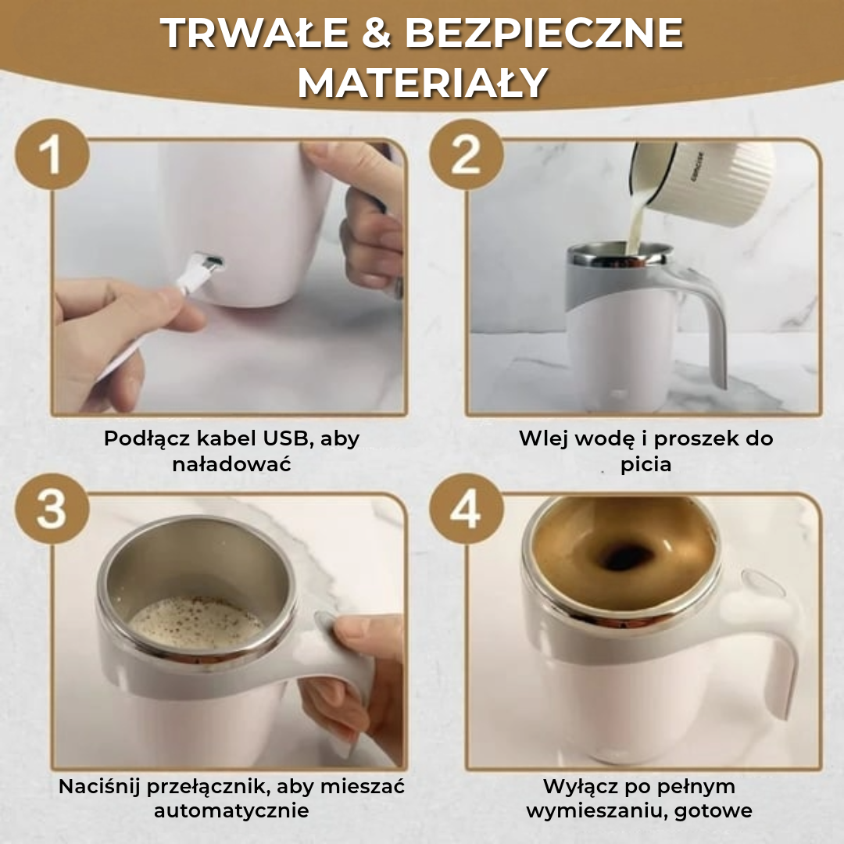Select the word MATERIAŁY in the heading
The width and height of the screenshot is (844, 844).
coord(421,83)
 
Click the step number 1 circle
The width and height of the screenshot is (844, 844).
coord(51,155)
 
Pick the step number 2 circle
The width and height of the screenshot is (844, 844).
coord(466,155)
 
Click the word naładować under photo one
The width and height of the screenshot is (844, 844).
coord(231,464)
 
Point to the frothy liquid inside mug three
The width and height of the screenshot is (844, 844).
coord(195,621)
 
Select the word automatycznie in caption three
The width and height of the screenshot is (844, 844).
coord(231,811)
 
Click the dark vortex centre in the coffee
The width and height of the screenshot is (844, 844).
coord(625,556)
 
